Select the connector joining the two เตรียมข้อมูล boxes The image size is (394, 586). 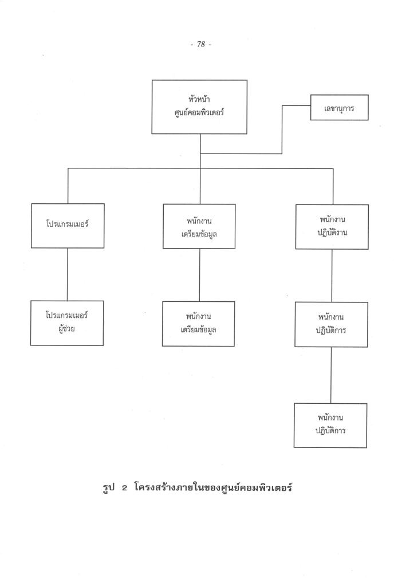[199, 275]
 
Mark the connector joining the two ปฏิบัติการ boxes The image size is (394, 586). [332, 375]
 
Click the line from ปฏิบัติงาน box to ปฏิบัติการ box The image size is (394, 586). [332, 276]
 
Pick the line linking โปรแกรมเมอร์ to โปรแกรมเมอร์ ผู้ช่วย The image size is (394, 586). [68, 274]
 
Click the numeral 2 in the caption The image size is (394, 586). [123, 490]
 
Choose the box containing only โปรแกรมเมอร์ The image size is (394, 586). [68, 226]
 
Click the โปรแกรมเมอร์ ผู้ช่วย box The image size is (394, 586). [67, 323]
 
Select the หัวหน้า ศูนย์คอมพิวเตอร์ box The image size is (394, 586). [199, 107]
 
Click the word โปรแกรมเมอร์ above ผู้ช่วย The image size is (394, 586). [67, 316]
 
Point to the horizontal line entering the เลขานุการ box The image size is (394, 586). [296, 106]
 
